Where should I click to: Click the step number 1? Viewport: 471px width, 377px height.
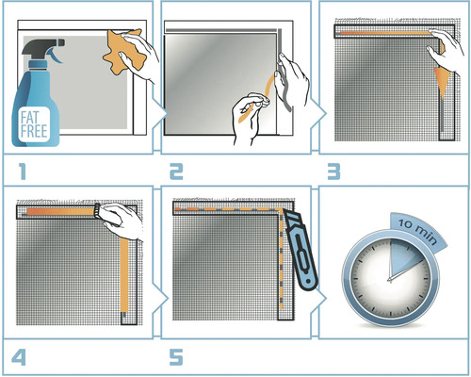click(22, 172)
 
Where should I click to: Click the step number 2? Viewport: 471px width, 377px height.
click(176, 172)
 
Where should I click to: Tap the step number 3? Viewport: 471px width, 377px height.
click(333, 172)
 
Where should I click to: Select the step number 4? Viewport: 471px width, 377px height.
click(19, 357)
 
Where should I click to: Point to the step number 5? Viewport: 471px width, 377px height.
click(176, 357)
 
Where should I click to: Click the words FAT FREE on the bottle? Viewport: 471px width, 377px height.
click(34, 124)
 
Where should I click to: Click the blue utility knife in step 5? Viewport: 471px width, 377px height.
click(300, 251)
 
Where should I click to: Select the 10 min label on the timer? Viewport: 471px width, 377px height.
click(417, 231)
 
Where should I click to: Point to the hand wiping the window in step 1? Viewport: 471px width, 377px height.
click(138, 57)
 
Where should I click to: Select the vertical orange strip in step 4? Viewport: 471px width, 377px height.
click(124, 276)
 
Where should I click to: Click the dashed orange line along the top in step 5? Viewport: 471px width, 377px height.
click(227, 209)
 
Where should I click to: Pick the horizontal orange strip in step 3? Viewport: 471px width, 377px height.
click(385, 33)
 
